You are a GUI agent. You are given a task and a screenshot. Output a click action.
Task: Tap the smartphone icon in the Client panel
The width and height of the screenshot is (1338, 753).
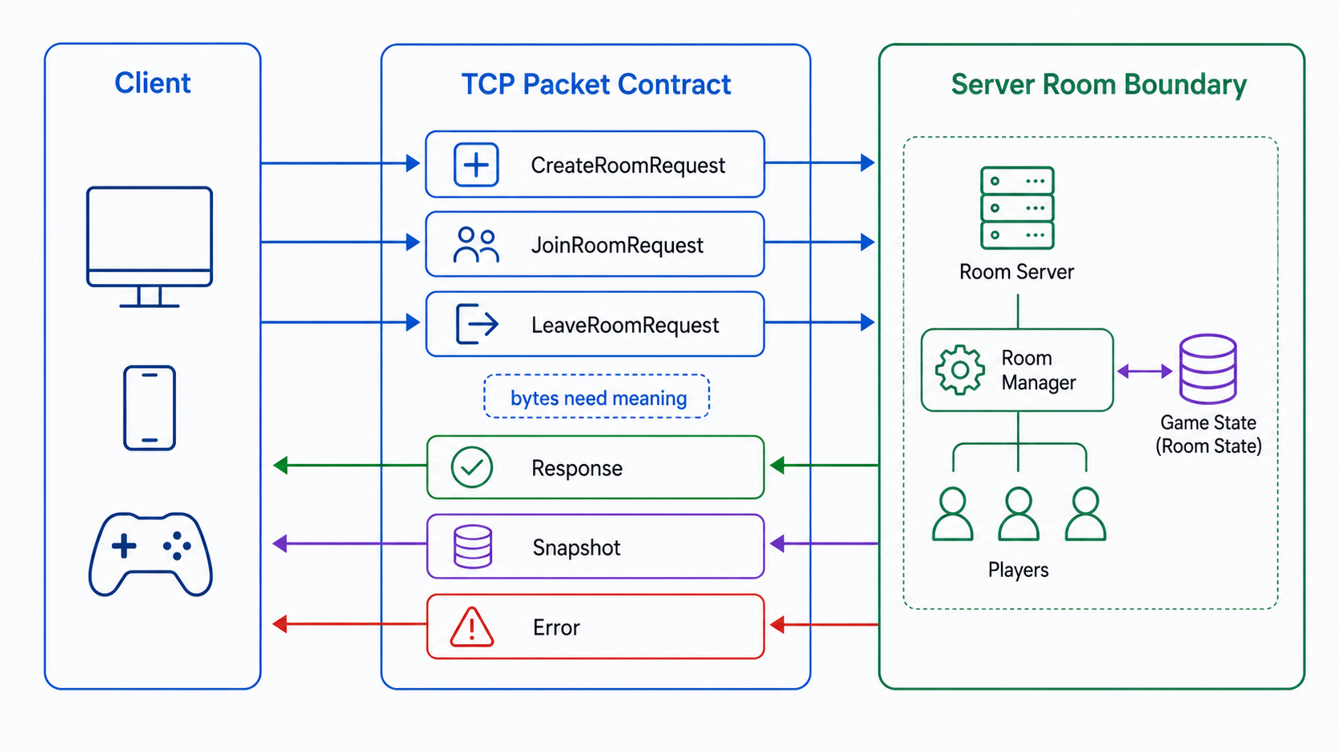(x=150, y=408)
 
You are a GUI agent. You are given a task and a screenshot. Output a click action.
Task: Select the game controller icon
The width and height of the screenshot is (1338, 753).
(x=150, y=555)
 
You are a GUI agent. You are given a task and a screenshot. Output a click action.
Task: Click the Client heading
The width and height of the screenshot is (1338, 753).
(x=152, y=83)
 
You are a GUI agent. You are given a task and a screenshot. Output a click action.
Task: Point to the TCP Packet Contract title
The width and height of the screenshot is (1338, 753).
(x=595, y=84)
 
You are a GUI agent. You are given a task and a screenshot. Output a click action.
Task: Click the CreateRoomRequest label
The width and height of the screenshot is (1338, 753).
(x=627, y=166)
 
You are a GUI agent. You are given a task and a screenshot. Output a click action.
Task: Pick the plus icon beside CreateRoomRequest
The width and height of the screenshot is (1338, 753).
(x=476, y=165)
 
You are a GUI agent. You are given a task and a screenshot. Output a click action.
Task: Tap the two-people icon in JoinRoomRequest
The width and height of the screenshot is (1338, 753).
(x=476, y=245)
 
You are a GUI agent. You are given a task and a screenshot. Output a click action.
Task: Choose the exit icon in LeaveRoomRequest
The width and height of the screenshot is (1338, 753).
(x=477, y=324)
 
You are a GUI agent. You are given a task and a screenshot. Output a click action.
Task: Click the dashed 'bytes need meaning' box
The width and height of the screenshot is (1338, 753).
(x=597, y=396)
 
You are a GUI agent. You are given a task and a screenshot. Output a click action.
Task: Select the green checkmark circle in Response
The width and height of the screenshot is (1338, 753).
(x=472, y=467)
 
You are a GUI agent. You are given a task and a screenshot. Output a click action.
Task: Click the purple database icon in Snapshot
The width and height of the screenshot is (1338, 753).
(x=472, y=547)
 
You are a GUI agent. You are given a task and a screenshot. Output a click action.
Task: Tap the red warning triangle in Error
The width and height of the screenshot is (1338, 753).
(x=472, y=627)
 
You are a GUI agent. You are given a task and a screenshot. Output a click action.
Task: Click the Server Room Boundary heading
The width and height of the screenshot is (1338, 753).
(x=1099, y=84)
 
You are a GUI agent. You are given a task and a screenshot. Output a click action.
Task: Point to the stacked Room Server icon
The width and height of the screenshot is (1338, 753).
(x=1017, y=208)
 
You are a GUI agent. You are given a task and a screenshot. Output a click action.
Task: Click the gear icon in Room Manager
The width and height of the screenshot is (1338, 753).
(x=960, y=370)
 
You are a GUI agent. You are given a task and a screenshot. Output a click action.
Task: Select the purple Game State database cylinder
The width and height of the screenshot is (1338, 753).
(x=1208, y=369)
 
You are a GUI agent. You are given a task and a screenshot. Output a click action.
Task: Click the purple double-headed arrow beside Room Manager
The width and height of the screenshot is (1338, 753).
(x=1145, y=371)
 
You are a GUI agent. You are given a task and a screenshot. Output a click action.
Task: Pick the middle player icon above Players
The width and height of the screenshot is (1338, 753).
(x=1019, y=515)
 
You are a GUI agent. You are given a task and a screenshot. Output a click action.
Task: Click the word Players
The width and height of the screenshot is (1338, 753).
(x=1019, y=570)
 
